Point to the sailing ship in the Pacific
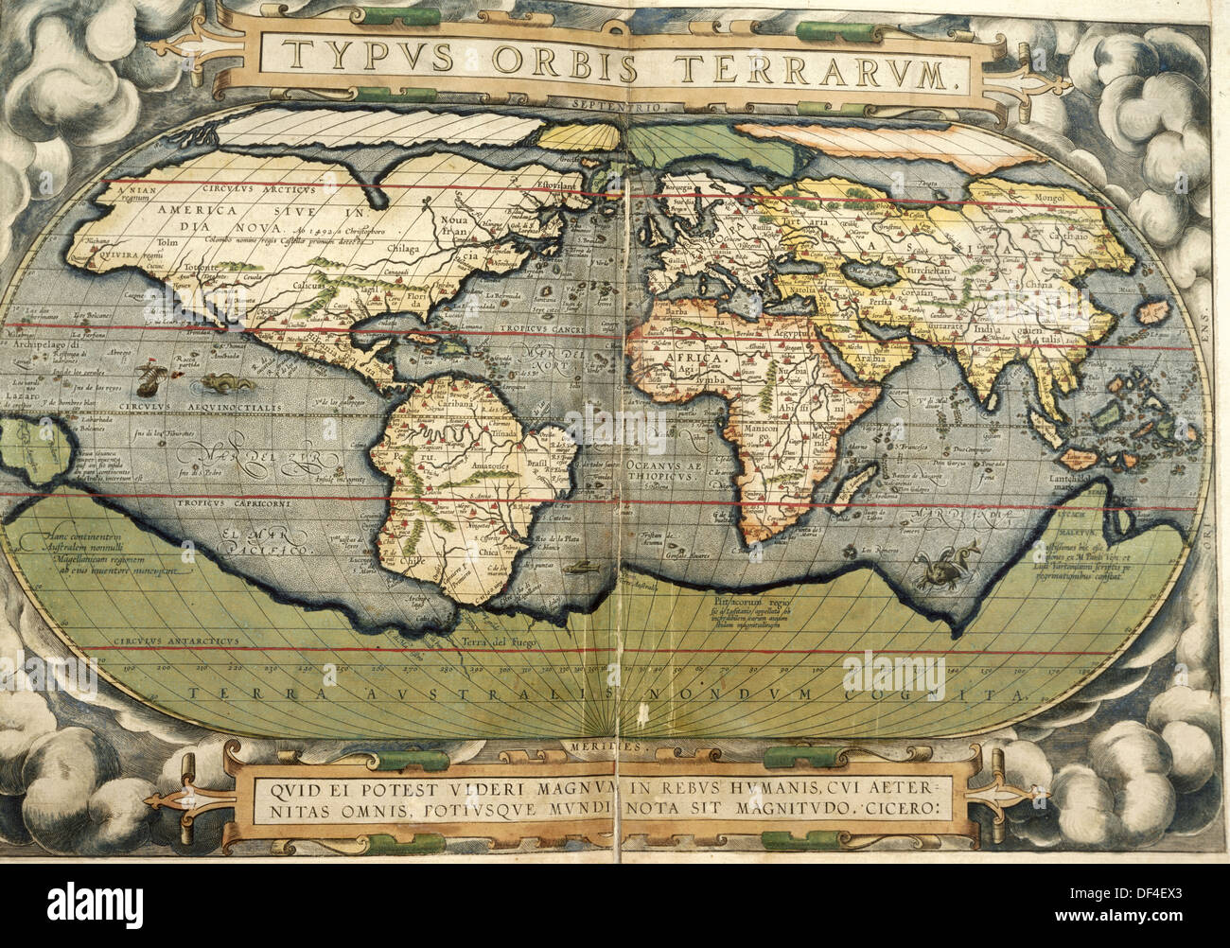[149, 379]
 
